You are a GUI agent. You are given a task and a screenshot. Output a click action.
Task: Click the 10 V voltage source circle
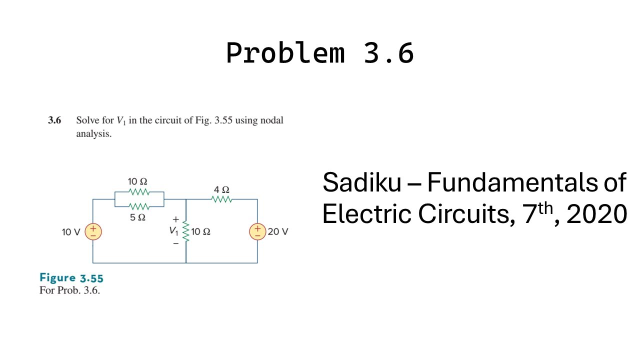[x=93, y=231]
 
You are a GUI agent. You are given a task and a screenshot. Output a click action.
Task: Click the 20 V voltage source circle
[x=257, y=231]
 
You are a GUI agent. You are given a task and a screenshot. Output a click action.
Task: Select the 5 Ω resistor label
[x=138, y=217]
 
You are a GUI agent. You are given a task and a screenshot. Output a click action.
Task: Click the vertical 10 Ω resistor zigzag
[x=186, y=231]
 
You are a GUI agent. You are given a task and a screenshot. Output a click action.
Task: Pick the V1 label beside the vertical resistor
[x=173, y=231]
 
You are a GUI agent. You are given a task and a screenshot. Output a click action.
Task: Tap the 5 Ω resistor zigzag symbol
[x=139, y=206]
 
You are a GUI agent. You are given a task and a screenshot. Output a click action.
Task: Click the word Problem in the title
[x=285, y=52]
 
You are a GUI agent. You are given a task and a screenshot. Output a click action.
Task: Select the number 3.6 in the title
[x=389, y=52]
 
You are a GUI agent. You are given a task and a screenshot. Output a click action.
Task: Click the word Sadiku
[x=361, y=182]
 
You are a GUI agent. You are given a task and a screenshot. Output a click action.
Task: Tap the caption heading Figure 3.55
[x=71, y=278]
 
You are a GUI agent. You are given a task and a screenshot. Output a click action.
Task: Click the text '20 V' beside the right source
[x=278, y=231]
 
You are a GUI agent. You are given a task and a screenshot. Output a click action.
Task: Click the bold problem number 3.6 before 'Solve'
[x=54, y=120]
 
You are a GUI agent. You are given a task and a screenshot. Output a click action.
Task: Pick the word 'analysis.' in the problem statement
[x=93, y=134]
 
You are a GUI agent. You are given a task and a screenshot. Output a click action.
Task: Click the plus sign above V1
[x=175, y=219]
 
